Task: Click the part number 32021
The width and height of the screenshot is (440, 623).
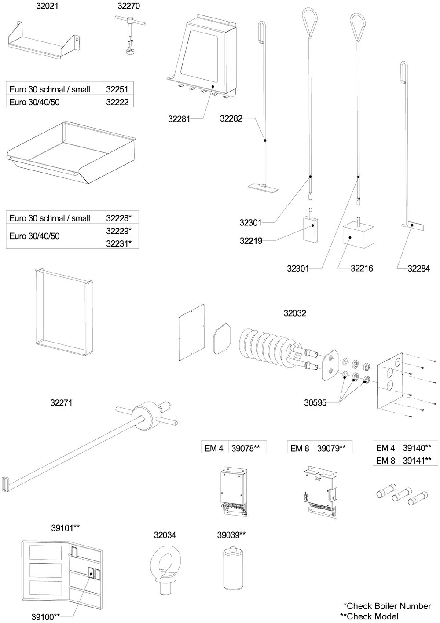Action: tap(47, 7)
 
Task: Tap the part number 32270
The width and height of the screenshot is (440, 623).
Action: tap(128, 7)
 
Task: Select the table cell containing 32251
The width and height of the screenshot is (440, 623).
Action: tap(117, 89)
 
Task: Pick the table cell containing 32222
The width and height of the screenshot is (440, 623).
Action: tap(117, 101)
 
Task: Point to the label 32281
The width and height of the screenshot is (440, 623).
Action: tap(179, 119)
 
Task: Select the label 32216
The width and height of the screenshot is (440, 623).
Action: tap(362, 268)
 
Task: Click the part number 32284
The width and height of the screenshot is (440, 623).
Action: tap(419, 268)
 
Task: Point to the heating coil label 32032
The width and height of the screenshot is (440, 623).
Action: tap(295, 313)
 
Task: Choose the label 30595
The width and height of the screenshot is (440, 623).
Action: tap(315, 402)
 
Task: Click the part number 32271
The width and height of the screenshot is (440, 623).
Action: tap(62, 402)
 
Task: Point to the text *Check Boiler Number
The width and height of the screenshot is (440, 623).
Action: tap(387, 606)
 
